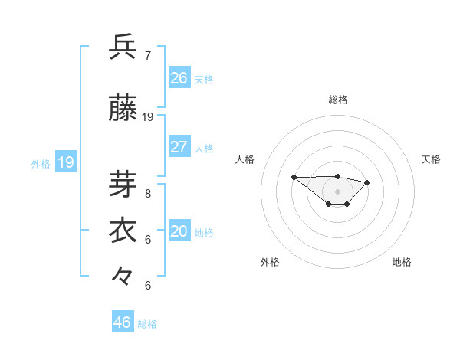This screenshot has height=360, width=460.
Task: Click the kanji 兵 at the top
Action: (x=123, y=47)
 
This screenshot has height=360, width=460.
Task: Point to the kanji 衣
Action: (x=123, y=231)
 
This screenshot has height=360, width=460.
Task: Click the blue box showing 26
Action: (x=179, y=78)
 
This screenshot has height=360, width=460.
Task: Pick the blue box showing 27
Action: (x=179, y=147)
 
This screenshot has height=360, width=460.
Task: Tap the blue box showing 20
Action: (x=179, y=232)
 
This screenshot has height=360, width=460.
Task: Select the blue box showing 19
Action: (x=66, y=162)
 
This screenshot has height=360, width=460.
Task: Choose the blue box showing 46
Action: (x=123, y=322)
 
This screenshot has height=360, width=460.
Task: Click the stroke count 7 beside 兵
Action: (x=148, y=55)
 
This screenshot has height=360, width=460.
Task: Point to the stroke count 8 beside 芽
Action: (x=148, y=193)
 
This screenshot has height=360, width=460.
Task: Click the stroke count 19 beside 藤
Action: (x=148, y=117)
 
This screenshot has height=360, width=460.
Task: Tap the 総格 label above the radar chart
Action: (x=338, y=100)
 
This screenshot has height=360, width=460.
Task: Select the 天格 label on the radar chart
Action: (x=431, y=159)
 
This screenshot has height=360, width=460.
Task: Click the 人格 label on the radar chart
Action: (x=245, y=159)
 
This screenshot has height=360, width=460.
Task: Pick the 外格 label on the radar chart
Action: (x=270, y=262)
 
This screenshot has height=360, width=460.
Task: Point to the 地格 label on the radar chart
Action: (x=402, y=262)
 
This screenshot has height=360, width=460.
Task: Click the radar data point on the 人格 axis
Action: (x=294, y=178)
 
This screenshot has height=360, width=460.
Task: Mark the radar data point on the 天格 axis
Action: (x=367, y=182)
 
